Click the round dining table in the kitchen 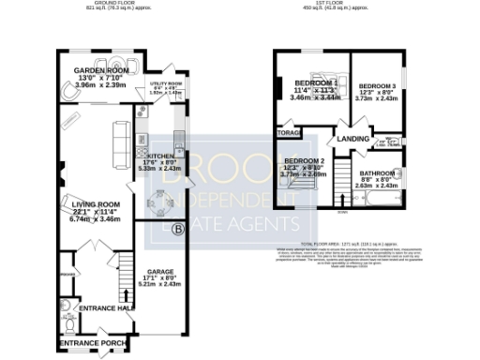(x=158, y=201)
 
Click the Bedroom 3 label (x=379, y=86)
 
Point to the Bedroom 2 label (x=309, y=161)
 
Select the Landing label (x=353, y=139)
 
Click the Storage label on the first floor (x=287, y=134)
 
